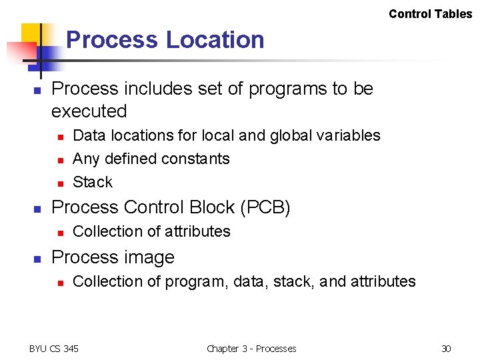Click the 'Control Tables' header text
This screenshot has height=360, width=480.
(430, 14)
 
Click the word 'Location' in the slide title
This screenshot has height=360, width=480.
(215, 40)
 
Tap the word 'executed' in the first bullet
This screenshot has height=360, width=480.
(89, 111)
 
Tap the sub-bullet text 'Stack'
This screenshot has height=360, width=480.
(93, 182)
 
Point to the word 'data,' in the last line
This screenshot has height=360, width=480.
(253, 281)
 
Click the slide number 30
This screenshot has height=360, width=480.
(446, 349)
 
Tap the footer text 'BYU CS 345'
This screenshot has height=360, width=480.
(54, 349)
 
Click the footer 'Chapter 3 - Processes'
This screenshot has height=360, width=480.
(251, 349)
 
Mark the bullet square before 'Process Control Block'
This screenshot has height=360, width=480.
(38, 209)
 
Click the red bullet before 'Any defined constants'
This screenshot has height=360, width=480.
(60, 160)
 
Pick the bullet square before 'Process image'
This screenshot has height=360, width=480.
(38, 259)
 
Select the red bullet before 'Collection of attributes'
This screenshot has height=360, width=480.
(60, 233)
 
